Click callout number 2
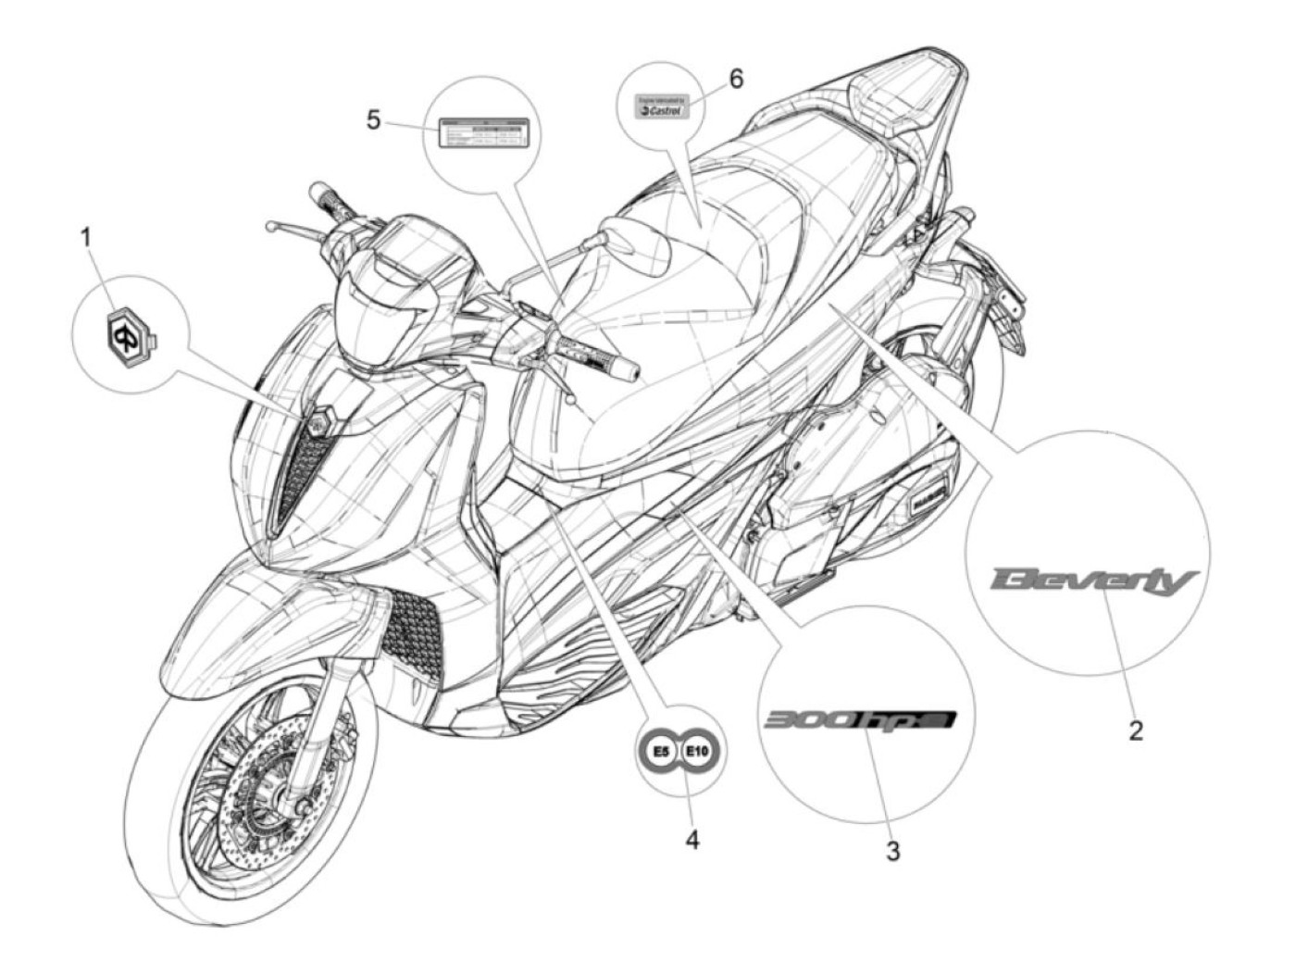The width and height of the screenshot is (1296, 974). (x=1136, y=730)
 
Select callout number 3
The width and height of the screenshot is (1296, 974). (x=892, y=851)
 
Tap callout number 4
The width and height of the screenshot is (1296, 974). (x=692, y=840)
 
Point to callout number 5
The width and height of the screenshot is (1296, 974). (x=373, y=120)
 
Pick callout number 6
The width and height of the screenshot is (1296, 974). (x=736, y=79)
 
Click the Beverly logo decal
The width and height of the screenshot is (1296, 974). (x=1093, y=581)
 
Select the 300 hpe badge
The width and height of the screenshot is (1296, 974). (x=858, y=720)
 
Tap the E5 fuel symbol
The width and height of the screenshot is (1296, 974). (x=660, y=752)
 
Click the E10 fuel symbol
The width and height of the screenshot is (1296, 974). (x=698, y=752)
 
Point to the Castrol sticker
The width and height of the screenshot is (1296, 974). (x=661, y=106)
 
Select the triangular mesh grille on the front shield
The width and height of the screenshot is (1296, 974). (x=304, y=472)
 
